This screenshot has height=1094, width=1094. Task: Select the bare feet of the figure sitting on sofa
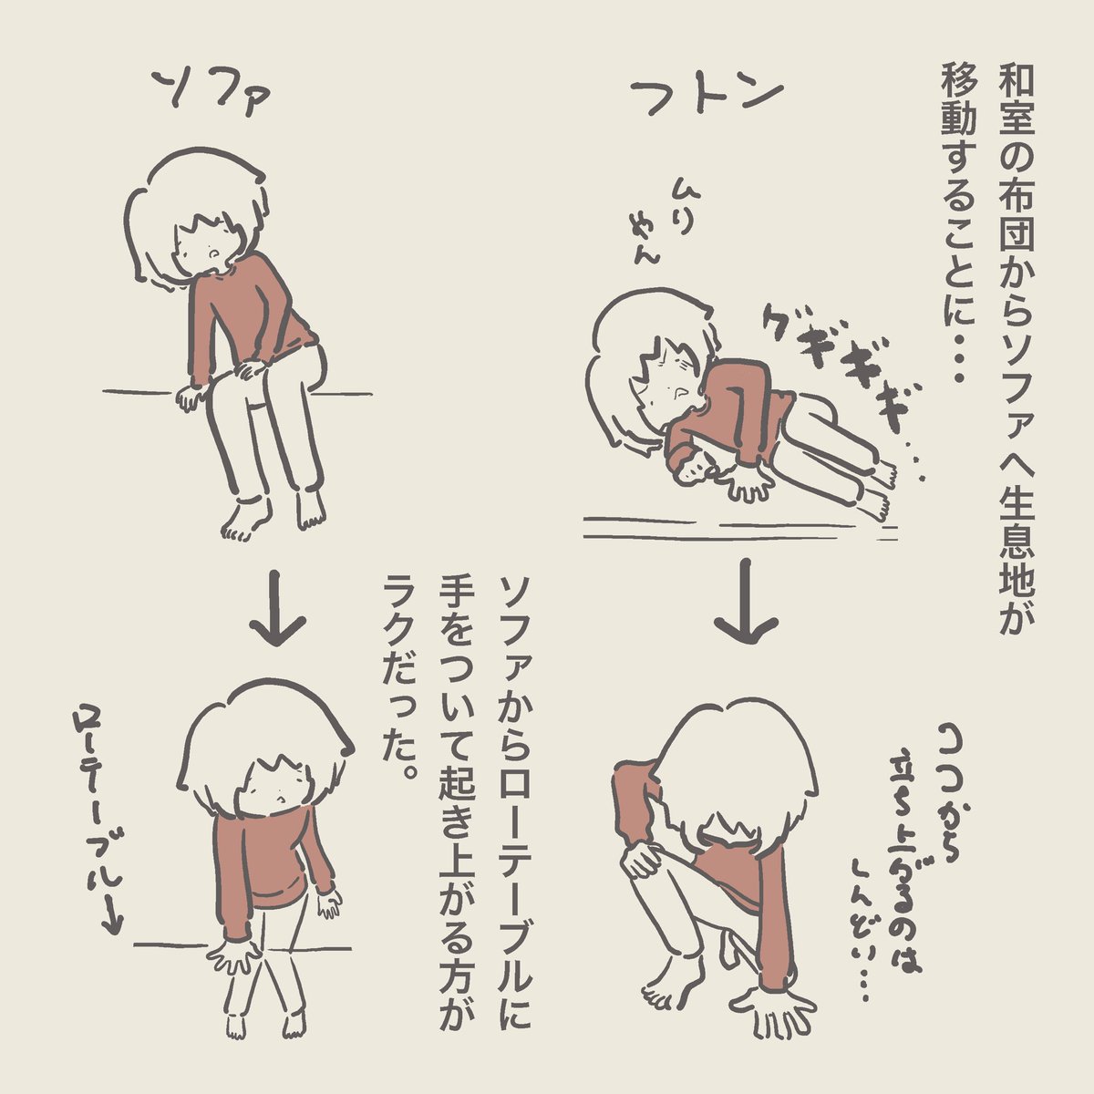(x=273, y=514)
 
